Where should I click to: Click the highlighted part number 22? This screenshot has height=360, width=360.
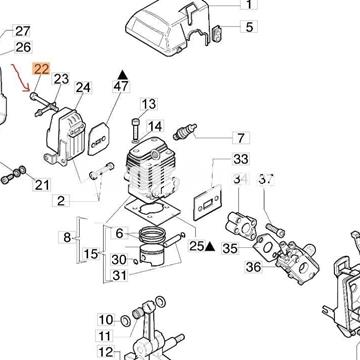[x=41, y=69]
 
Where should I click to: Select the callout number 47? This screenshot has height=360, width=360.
[x=121, y=89]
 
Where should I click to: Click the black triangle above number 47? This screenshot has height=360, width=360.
[x=121, y=72]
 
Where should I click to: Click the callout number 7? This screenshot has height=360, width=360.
[x=240, y=137]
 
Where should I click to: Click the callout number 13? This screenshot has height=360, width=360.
[x=149, y=104]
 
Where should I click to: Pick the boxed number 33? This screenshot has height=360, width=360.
[x=240, y=160]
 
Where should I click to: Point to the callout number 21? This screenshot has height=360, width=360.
[x=40, y=184]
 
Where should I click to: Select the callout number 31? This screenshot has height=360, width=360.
[x=119, y=276]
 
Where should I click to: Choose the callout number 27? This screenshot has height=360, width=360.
[x=23, y=31]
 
